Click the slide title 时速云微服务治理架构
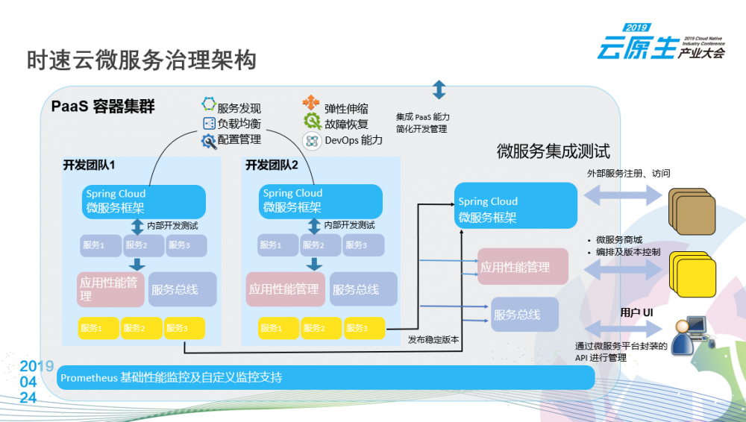pyautogui.click(x=142, y=60)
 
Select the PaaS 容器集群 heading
pyautogui.click(x=103, y=107)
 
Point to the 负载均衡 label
pyautogui.click(x=239, y=124)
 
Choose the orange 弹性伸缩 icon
pyautogui.click(x=311, y=104)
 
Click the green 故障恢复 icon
pyautogui.click(x=312, y=122)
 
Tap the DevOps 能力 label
pyautogui.click(x=353, y=140)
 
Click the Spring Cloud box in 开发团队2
pyautogui.click(x=322, y=201)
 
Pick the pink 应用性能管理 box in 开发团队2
pyautogui.click(x=285, y=289)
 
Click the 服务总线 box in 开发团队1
pyautogui.click(x=182, y=289)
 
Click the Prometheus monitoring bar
pyautogui.click(x=326, y=377)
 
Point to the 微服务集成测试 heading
pyautogui.click(x=554, y=151)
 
